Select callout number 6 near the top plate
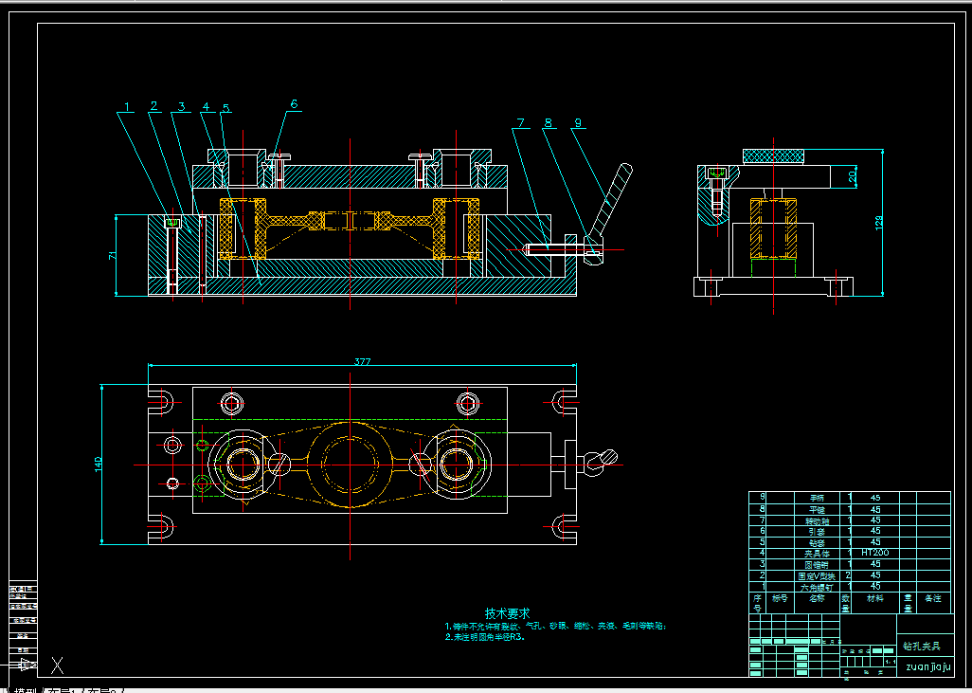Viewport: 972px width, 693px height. click(294, 104)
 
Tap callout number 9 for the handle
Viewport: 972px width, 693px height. click(578, 122)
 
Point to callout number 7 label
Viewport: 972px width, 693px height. click(519, 122)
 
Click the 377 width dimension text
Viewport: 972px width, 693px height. click(363, 361)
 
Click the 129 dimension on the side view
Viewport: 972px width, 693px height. click(878, 223)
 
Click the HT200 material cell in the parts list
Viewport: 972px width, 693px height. click(875, 552)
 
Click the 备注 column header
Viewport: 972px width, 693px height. click(933, 598)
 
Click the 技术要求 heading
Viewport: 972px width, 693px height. click(507, 613)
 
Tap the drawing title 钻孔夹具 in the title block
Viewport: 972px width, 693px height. click(921, 646)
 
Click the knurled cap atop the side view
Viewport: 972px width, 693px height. click(774, 155)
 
